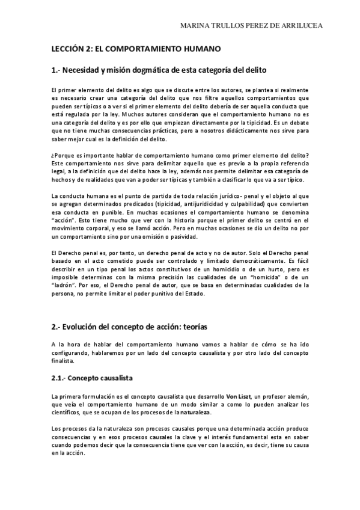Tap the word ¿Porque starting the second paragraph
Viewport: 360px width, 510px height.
pyautogui.click(x=63, y=156)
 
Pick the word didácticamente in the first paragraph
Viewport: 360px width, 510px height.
pyautogui.click(x=236, y=129)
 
